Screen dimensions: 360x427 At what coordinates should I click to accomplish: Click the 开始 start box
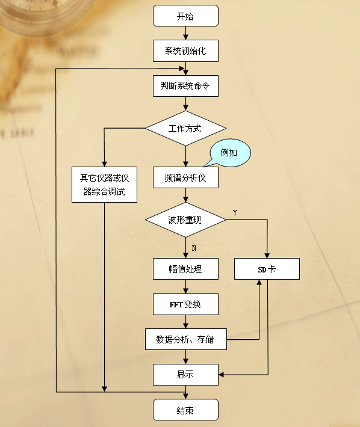click(x=185, y=16)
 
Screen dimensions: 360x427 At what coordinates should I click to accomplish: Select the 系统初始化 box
click(x=185, y=51)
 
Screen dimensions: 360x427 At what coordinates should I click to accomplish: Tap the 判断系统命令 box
click(x=185, y=86)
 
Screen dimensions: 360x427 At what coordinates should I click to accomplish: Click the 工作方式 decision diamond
click(x=185, y=128)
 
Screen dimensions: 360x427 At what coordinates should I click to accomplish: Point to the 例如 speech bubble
click(x=230, y=153)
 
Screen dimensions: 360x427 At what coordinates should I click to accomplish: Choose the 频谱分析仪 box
click(x=185, y=177)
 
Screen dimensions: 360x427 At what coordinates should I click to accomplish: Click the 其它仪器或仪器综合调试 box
click(x=104, y=185)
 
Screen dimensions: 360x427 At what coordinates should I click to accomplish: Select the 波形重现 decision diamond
click(x=185, y=220)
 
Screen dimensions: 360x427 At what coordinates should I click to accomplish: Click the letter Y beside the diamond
click(x=235, y=213)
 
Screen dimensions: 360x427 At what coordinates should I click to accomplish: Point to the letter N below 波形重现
click(x=194, y=248)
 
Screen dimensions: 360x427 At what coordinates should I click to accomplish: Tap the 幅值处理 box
click(x=185, y=269)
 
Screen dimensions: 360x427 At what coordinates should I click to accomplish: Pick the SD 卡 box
click(x=267, y=269)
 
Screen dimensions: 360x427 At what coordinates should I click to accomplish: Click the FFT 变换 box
click(x=185, y=304)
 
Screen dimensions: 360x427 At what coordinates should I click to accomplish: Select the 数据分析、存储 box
click(x=186, y=339)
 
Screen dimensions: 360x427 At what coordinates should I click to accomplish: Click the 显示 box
click(x=185, y=375)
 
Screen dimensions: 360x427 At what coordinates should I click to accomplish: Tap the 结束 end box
click(x=185, y=410)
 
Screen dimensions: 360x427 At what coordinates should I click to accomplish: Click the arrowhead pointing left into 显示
click(x=221, y=375)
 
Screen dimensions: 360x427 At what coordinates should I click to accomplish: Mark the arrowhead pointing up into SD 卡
click(x=259, y=282)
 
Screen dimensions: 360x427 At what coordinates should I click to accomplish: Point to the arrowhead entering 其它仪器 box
click(x=104, y=164)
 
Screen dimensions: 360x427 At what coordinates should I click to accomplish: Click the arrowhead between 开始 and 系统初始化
click(x=185, y=37)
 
